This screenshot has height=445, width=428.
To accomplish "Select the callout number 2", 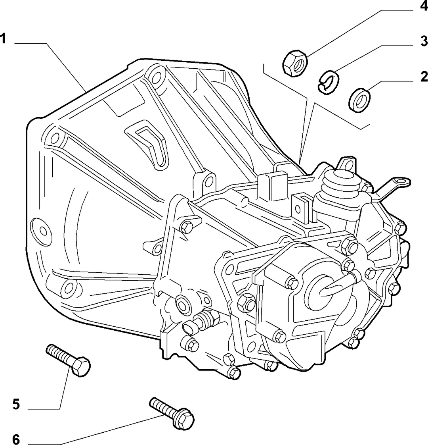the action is [x=424, y=77].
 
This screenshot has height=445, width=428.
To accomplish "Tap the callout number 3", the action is [x=424, y=41].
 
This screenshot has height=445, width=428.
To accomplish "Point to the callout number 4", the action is [x=424, y=5].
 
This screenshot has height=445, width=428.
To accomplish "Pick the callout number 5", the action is [x=16, y=404].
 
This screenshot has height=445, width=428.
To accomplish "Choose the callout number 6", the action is [x=16, y=439].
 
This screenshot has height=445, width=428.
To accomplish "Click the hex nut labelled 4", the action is [x=295, y=63].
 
